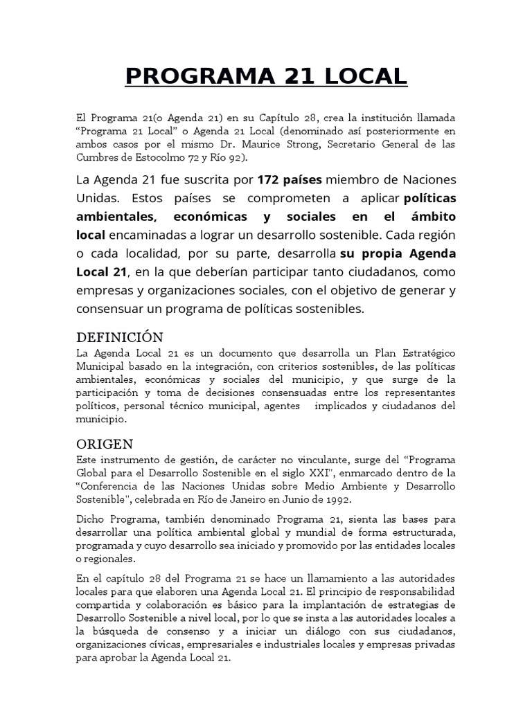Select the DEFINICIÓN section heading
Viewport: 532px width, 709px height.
[x=119, y=337]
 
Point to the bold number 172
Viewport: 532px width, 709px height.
[x=270, y=180]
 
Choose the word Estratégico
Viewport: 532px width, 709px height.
[x=423, y=353]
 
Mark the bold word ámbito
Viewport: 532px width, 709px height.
[x=433, y=217]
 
